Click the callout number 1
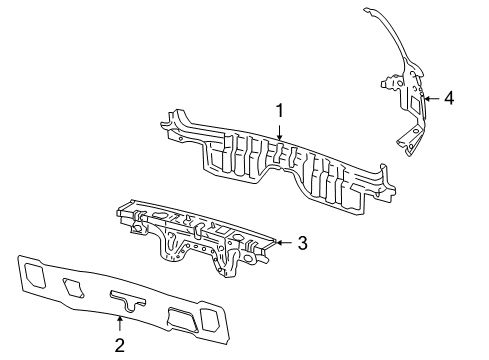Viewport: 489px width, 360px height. [x=280, y=111]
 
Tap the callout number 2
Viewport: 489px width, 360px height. [x=119, y=345]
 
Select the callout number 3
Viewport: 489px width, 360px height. [x=302, y=243]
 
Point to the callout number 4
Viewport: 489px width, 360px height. [x=449, y=98]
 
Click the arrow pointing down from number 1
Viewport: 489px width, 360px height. [x=280, y=131]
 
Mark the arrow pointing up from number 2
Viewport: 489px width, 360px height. [x=119, y=325]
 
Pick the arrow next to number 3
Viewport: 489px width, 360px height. [x=284, y=243]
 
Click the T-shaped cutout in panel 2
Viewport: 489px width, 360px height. [x=128, y=301]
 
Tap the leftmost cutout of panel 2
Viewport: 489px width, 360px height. [x=34, y=275]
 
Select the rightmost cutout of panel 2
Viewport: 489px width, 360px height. [x=209, y=319]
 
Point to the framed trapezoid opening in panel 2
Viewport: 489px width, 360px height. [x=183, y=320]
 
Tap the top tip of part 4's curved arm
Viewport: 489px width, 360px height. [x=366, y=9]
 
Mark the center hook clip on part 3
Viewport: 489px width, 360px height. [x=198, y=230]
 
